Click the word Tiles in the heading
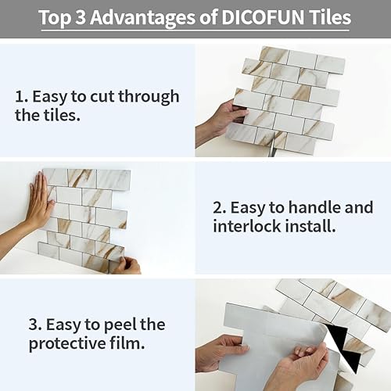[335, 17]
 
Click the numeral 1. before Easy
[21, 97]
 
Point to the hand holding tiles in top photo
[223, 117]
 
